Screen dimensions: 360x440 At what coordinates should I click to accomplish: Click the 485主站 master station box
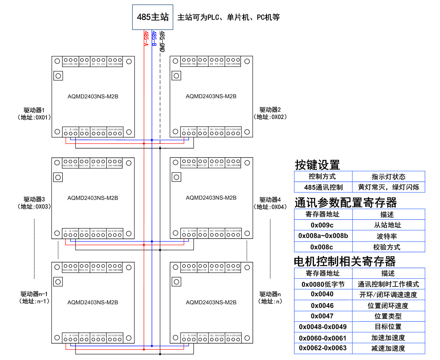pos(153,17)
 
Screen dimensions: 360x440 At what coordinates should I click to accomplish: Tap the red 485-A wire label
pos(146,38)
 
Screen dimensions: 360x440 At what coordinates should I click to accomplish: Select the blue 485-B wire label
pos(154,38)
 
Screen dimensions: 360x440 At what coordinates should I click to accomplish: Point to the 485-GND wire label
pos(162,41)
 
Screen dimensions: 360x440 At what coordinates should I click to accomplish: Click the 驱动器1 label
pos(34,110)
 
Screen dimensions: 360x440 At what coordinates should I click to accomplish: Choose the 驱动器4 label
pos(270,200)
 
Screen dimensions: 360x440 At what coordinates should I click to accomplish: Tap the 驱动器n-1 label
pos(34,294)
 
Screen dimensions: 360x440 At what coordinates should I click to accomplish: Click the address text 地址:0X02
pos(270,117)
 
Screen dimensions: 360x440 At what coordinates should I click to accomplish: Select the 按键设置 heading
pos(317,165)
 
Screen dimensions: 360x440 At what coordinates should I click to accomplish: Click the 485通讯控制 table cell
pos(323,187)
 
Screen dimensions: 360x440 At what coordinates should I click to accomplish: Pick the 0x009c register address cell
pos(322,225)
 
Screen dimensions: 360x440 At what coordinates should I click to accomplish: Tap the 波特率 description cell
pos(387,236)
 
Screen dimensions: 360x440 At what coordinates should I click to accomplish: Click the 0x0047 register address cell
pos(322,316)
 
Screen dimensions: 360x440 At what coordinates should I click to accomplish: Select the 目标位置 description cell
pos(388,327)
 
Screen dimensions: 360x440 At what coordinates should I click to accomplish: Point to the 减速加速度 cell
pos(388,348)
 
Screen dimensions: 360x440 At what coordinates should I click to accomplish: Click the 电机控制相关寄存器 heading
pos(345,261)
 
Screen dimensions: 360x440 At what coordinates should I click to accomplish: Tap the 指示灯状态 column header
pos(388,176)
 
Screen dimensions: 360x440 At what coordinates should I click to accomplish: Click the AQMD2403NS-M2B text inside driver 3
pos(93,198)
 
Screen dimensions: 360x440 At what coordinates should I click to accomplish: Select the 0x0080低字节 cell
pos(323,284)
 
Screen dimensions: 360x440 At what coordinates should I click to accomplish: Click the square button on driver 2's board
pos(176,76)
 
